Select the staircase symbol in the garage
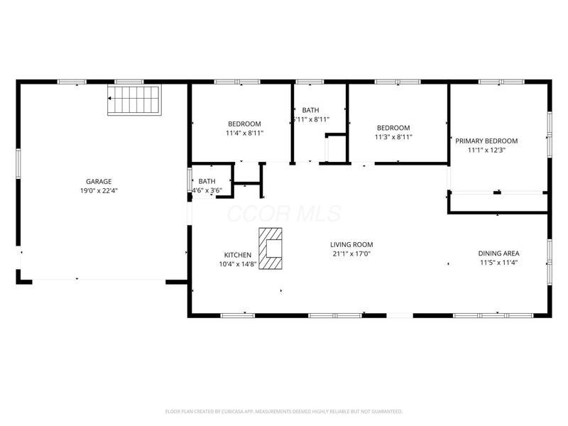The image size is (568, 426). coord(134,100)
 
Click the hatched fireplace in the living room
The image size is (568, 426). coord(271,248)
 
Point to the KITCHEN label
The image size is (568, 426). coord(237,255)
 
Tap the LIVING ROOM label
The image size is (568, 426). coord(351,244)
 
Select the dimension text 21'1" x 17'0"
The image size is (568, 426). coord(351,254)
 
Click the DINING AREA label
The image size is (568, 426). coord(498,253)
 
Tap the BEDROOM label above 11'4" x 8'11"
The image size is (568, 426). coord(244,123)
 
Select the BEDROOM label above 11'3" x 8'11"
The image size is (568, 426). coord(393,128)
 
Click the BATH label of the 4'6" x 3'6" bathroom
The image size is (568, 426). coord(207,181)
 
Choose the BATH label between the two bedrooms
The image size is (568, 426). coord(310,110)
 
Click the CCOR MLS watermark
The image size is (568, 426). coord(283,214)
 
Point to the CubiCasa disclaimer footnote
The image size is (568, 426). coord(284,411)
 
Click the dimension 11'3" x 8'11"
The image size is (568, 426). coord(393,138)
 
